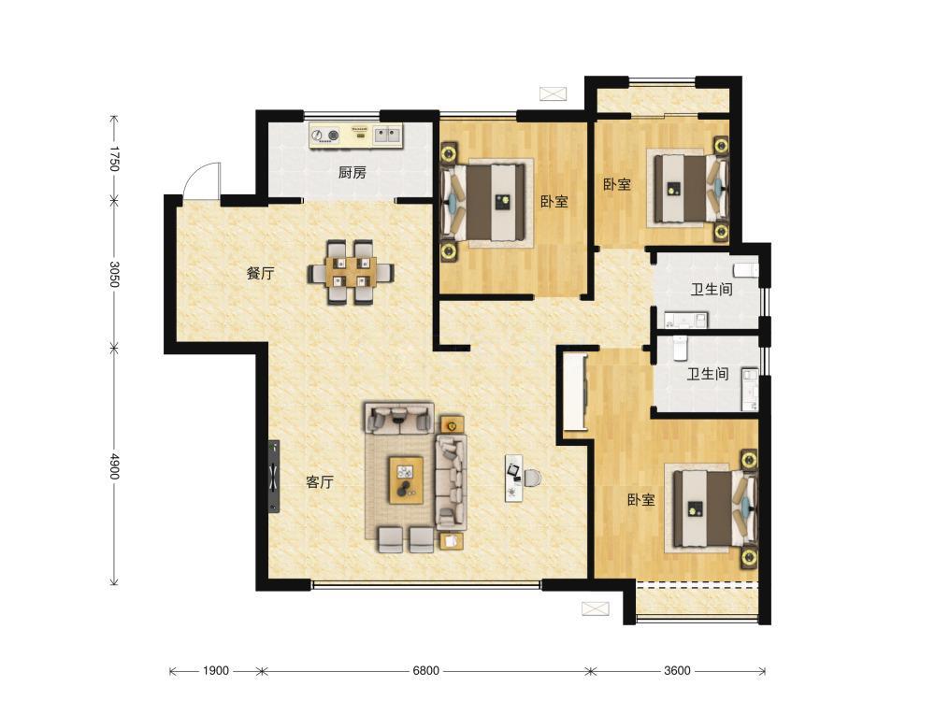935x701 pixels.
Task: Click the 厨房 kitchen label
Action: (x=352, y=173)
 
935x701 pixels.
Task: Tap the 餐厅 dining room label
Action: (x=261, y=274)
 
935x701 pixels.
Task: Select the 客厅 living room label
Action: (x=320, y=482)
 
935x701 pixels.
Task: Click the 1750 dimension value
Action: (x=114, y=158)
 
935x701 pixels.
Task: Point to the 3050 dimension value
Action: (x=114, y=274)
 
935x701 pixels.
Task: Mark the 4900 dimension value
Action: (x=114, y=466)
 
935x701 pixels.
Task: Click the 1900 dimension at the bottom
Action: (x=215, y=670)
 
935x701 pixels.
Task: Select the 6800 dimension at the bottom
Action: (x=425, y=670)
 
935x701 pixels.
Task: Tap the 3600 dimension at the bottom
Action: (x=677, y=670)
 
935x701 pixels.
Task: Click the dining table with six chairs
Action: (x=351, y=272)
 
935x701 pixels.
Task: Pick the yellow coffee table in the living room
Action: (x=406, y=479)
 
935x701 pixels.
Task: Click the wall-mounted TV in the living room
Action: (x=274, y=477)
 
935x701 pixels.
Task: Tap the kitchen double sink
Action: (x=388, y=136)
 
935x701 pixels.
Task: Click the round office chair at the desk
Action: (x=532, y=478)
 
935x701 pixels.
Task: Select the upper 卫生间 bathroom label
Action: (x=711, y=290)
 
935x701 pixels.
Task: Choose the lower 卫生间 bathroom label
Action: (x=707, y=375)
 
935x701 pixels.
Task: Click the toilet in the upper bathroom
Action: (x=746, y=269)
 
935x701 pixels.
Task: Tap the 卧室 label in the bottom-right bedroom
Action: (x=641, y=499)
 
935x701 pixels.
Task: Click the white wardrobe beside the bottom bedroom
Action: (x=575, y=393)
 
